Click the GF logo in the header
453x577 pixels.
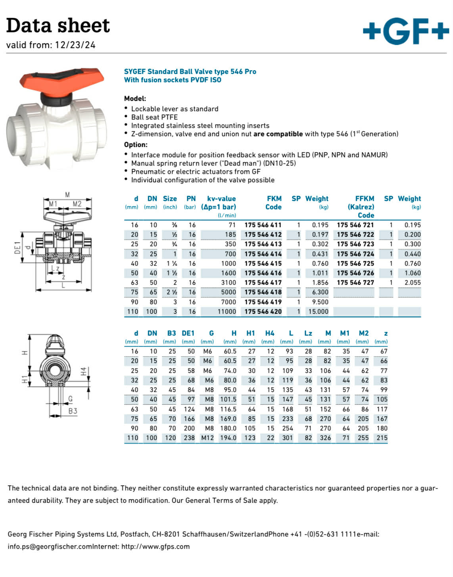tap(405, 31)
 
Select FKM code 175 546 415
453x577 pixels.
tap(263, 263)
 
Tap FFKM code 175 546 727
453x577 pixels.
tap(355, 283)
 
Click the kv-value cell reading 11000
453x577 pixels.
tap(226, 312)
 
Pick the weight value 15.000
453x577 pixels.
tap(318, 312)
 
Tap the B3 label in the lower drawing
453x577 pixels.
tap(73, 411)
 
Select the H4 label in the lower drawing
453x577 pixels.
tap(83, 371)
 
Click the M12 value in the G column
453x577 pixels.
tap(207, 438)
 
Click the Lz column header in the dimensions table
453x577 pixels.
tap(308, 334)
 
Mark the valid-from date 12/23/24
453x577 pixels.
tap(75, 45)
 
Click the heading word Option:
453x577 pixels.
tap(136, 145)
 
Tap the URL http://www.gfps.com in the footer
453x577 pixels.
tap(155, 546)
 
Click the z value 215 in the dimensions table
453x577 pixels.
tap(382, 438)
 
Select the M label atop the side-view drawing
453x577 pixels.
tap(67, 195)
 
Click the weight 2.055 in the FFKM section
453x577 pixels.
tap(412, 283)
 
